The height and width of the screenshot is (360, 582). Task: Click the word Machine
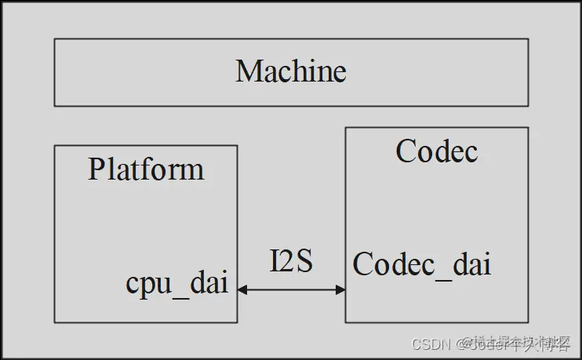click(x=290, y=72)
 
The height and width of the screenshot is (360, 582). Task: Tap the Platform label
click(x=146, y=170)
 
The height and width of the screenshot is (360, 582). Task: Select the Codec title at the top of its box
click(x=437, y=151)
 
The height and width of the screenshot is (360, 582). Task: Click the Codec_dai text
click(x=422, y=265)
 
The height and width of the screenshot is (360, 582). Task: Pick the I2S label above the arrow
click(x=291, y=262)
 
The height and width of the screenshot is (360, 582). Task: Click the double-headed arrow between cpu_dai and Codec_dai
click(x=291, y=289)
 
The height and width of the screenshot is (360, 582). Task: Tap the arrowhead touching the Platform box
click(x=242, y=289)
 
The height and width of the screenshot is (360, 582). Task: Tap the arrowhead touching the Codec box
click(x=340, y=289)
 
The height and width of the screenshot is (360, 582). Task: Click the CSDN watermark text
click(x=428, y=344)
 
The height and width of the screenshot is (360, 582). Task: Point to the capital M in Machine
click(x=249, y=72)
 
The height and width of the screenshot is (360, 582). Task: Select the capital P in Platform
click(x=96, y=170)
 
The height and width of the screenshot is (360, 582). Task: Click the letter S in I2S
click(x=305, y=262)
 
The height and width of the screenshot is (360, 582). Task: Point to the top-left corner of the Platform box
click(x=54, y=145)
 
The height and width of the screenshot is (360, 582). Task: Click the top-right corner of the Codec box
click(x=528, y=128)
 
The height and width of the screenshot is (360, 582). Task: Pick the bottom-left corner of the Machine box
click(x=54, y=105)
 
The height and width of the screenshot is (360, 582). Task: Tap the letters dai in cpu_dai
click(x=210, y=282)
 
